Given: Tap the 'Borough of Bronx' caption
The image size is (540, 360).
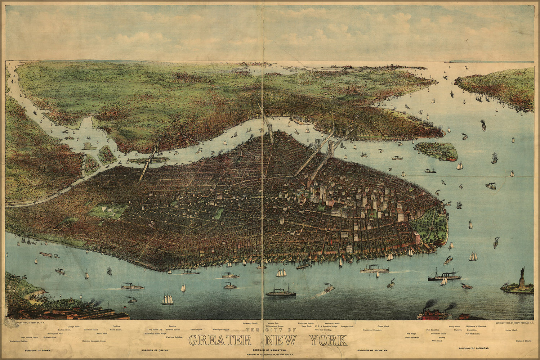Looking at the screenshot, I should coord(38,350).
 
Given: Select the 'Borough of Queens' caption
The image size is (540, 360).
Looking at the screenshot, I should coord(155,350).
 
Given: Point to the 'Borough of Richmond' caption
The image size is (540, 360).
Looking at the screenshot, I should coord(474,348).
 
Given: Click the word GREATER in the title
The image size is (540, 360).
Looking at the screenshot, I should coord(219,340).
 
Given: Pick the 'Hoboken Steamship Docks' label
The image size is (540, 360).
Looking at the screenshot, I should coord(94,341).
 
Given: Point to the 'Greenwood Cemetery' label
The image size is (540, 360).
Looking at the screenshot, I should coord(372,330).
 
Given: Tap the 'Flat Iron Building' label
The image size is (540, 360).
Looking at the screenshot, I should coord(174,337).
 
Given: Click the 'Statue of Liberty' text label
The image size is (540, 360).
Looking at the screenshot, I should coord(523,341).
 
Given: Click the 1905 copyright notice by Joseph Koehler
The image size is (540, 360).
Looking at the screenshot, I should coord(514,323).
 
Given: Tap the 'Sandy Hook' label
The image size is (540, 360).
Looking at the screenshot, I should coord(454,326).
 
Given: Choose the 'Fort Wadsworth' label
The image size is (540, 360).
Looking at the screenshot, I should coord(472,334).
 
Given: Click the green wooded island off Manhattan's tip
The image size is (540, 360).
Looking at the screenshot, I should coord(436,151).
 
